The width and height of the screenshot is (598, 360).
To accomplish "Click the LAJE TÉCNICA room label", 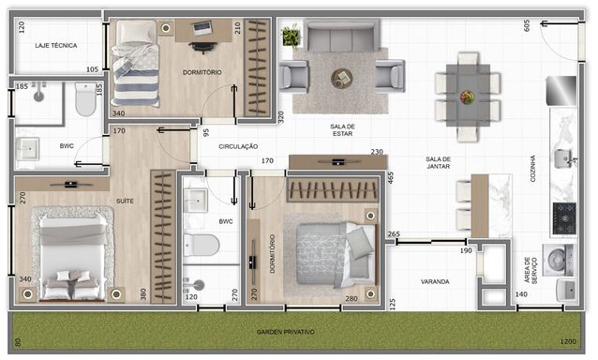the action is (x=56, y=45).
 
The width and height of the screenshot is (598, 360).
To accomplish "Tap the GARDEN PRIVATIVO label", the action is (x=286, y=332).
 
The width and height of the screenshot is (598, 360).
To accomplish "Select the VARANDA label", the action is (x=435, y=281).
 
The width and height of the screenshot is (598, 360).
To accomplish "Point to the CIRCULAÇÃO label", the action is (x=238, y=146).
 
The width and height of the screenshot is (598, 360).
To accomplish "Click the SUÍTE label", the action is (x=125, y=201).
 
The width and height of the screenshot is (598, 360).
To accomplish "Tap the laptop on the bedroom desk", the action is (x=202, y=28).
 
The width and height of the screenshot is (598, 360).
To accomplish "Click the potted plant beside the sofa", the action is (x=291, y=37).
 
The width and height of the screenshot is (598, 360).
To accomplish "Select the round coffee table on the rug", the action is (x=341, y=79).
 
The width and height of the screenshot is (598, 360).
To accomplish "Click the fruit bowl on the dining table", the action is (x=467, y=97).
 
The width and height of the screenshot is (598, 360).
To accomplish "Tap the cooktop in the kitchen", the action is (x=564, y=218).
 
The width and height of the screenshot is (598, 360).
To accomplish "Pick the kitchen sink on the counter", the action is (x=564, y=158).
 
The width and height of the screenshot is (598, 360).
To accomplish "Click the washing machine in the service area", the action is (x=558, y=260).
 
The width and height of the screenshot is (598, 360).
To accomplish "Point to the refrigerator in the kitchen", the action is (x=561, y=90).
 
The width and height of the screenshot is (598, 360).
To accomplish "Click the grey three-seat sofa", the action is (x=341, y=36).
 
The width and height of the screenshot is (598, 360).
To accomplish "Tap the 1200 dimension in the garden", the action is (x=568, y=341).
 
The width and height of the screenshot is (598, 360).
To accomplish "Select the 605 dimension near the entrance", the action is (x=527, y=25).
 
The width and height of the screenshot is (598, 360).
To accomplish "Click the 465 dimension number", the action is (x=391, y=178).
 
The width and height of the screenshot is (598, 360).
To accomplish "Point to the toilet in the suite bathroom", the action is (x=86, y=98).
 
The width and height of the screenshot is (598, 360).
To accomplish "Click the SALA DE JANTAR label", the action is (x=439, y=162).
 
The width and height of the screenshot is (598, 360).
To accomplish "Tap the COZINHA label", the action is (x=532, y=168).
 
